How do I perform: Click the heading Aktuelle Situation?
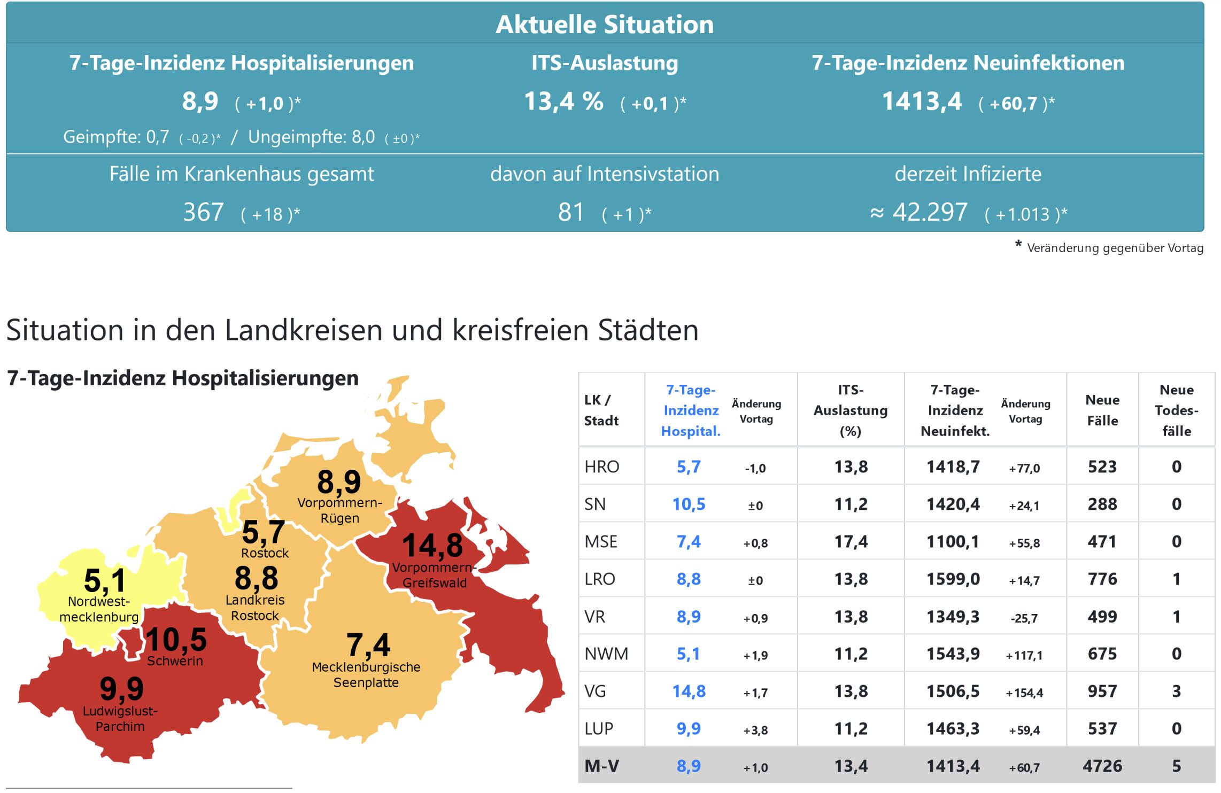tap(604, 25)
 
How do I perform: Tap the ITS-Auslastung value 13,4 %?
tap(563, 102)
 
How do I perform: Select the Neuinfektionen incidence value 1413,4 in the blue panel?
tap(921, 102)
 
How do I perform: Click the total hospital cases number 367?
tap(203, 213)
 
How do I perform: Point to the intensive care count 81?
tap(570, 213)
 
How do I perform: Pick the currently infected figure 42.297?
tap(930, 213)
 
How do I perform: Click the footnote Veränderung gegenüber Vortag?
tap(1115, 248)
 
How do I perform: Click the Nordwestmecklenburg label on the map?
tap(99, 609)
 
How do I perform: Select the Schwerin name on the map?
tap(175, 661)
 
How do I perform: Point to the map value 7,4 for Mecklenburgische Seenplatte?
tap(368, 644)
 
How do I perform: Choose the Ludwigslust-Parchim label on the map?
tap(120, 719)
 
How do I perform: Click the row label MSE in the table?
tap(601, 542)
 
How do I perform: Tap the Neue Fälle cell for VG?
tap(1102, 691)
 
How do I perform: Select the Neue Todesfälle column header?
tap(1176, 410)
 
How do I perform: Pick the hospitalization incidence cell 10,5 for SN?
tap(689, 504)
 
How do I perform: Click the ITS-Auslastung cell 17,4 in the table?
tap(851, 542)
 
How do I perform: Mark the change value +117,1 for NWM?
tap(1024, 655)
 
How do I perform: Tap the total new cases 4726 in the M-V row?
tap(1102, 766)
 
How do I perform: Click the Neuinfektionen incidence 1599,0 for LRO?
tap(953, 579)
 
